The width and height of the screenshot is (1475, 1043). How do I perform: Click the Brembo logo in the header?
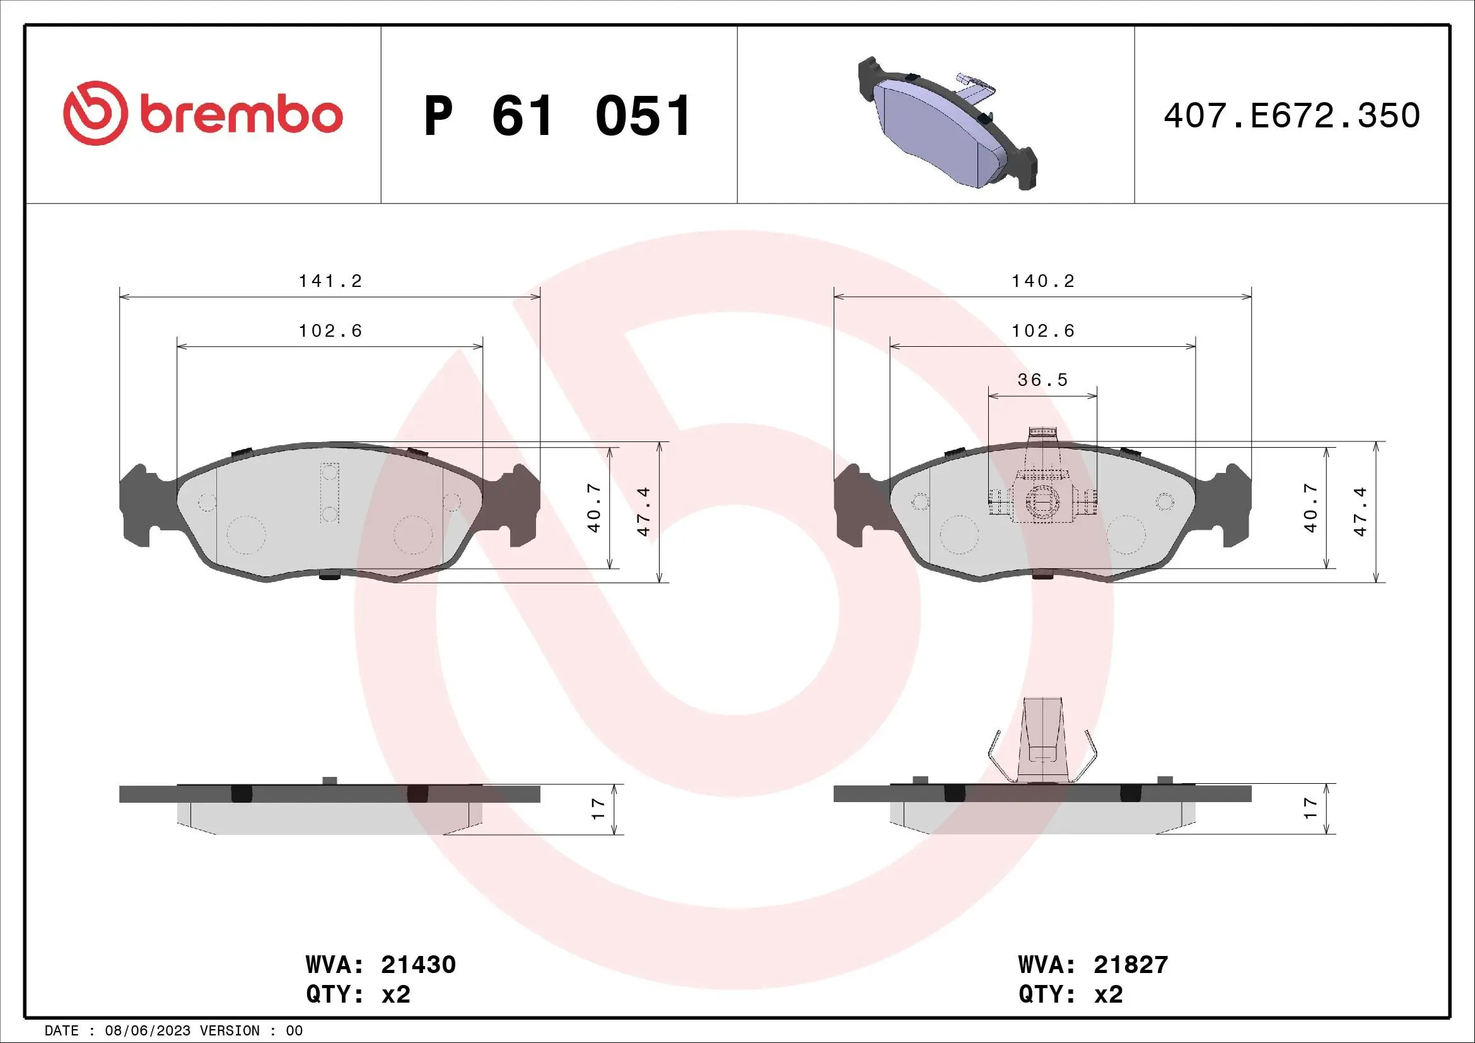[203, 114]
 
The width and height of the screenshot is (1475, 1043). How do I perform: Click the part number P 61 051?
[557, 116]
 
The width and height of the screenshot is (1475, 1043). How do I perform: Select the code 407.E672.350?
[1291, 116]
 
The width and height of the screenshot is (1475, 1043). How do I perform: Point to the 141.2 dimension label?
[331, 281]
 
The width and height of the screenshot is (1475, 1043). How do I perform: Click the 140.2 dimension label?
[1043, 281]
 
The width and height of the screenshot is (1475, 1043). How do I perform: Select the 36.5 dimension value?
[1042, 380]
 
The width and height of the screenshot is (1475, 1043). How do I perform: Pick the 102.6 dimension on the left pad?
[331, 331]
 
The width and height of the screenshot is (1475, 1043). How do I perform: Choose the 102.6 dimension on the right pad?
[1043, 331]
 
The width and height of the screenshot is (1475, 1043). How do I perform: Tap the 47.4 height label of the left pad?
[644, 511]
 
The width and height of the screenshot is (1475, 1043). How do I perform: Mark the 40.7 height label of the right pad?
[1310, 508]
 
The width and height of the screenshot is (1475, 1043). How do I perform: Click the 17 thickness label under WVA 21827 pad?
[1310, 808]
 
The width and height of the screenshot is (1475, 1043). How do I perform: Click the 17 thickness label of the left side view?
[598, 808]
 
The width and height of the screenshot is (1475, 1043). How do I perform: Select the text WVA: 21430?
[381, 965]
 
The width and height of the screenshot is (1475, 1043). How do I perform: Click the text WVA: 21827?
[1093, 965]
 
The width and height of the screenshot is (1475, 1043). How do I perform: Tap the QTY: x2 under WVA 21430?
[358, 994]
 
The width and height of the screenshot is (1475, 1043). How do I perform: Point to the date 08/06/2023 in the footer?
[148, 1031]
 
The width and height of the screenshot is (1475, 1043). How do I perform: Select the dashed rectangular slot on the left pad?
[330, 493]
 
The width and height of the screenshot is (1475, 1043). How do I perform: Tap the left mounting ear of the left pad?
[137, 506]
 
